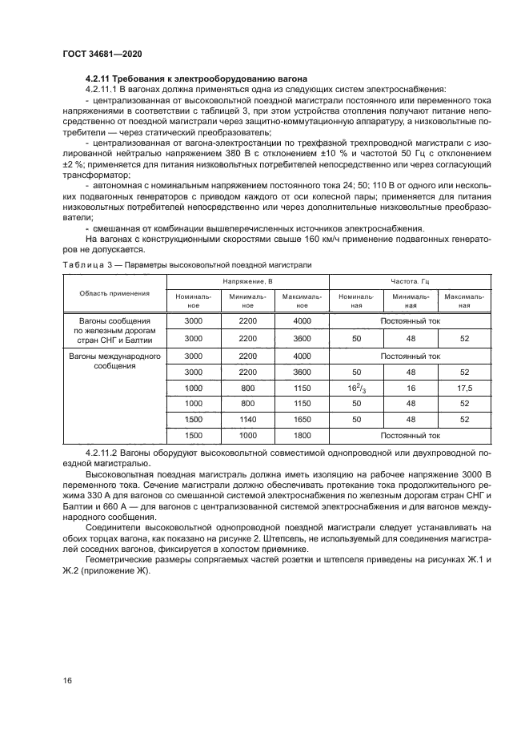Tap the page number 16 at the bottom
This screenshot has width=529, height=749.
66,680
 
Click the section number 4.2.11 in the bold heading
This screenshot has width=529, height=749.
98,79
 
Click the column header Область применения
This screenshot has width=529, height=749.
114,293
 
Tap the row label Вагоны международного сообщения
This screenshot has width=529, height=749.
114,360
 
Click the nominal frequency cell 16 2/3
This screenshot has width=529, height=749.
355,388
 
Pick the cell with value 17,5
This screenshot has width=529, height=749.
465,388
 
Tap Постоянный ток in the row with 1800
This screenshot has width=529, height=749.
411,436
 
